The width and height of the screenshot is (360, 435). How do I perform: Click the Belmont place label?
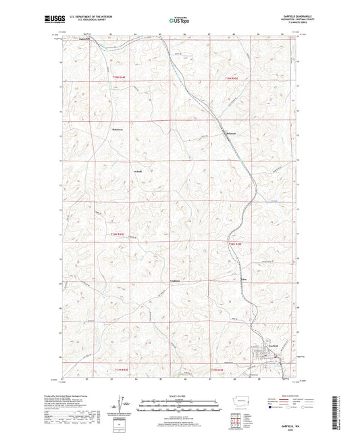231,134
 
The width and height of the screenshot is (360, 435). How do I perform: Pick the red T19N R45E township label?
232,79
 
